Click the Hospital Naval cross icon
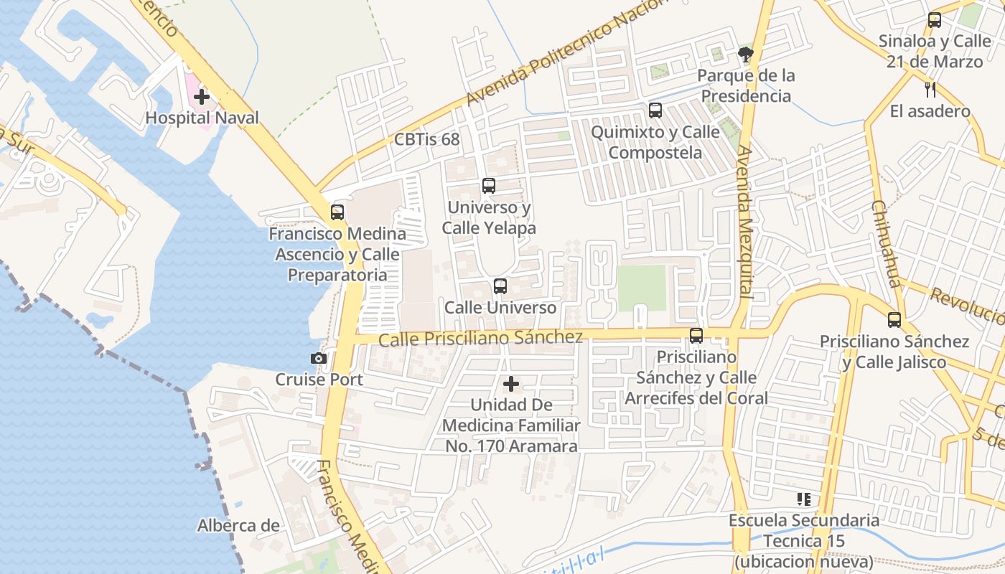click(202, 96)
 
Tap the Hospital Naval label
click(202, 118)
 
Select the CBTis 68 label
click(426, 139)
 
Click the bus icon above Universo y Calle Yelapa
click(489, 186)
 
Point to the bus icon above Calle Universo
click(500, 286)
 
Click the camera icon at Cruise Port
click(319, 358)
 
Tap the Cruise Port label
click(319, 380)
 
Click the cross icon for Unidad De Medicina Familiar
click(511, 385)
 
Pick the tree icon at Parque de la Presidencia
click(746, 54)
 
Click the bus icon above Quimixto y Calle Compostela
click(655, 110)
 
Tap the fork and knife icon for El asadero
click(930, 90)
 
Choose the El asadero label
click(930, 111)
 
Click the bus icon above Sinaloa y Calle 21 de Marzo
click(934, 20)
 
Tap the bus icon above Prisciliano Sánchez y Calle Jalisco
click(894, 320)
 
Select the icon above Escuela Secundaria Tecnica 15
click(804, 499)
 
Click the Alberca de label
click(238, 526)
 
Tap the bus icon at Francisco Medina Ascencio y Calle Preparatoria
click(337, 212)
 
